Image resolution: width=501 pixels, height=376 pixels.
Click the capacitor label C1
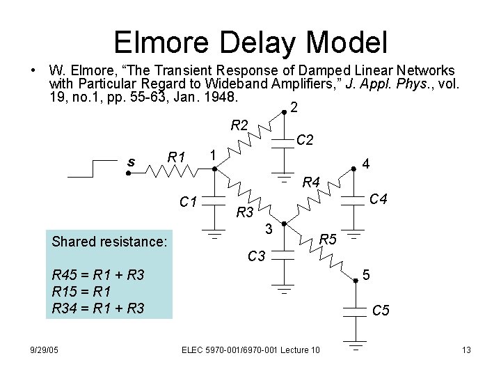[188, 203]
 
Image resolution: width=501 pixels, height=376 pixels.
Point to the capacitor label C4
[379, 200]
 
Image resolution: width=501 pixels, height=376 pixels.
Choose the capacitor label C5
[381, 311]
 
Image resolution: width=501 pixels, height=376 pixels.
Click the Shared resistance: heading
[109, 242]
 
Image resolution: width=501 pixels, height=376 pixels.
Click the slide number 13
[467, 349]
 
